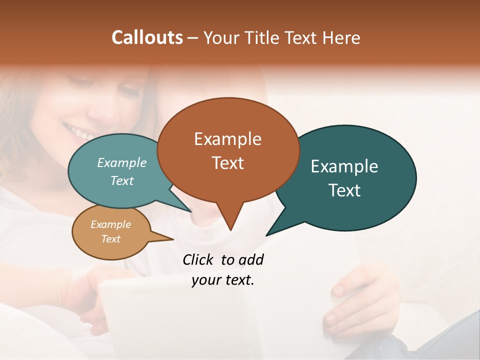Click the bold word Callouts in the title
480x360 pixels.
[147, 37]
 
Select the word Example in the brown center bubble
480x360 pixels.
[227, 139]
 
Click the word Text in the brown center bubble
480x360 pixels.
[227, 163]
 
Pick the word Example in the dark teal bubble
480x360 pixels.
[344, 166]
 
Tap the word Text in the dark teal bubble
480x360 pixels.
[344, 190]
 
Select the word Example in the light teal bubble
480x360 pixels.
[122, 163]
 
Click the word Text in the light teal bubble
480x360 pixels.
[122, 181]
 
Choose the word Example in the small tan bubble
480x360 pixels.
[111, 225]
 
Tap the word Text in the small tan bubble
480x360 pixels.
[111, 239]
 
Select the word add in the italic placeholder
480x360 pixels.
[250, 260]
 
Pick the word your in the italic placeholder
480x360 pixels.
[204, 280]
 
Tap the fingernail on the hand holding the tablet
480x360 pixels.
[338, 289]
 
